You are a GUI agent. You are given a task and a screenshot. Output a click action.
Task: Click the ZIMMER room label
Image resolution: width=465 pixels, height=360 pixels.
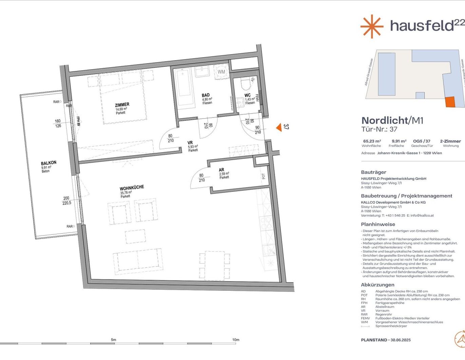coord(122,105)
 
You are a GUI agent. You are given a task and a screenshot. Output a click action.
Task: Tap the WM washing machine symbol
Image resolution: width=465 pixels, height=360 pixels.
coord(221,72)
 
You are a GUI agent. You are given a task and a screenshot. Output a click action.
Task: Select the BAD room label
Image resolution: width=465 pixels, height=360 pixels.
coord(206,95)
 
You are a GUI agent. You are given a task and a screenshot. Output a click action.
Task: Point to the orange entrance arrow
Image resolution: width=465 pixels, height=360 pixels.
coord(279,127)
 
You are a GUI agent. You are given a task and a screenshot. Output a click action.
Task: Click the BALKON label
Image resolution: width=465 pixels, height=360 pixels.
coord(49,163)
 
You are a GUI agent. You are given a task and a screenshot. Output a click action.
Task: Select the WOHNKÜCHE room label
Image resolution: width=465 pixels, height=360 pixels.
coord(132,188)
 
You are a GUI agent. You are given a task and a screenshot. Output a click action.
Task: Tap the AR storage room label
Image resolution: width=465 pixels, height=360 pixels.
coord(222,170)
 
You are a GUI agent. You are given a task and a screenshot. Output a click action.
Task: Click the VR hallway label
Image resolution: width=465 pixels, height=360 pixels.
coord(190,143)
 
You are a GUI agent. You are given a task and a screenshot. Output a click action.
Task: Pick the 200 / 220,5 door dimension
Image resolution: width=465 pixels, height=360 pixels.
coord(67,201)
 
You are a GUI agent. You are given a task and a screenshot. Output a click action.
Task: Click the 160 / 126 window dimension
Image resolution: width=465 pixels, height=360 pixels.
coord(58,123)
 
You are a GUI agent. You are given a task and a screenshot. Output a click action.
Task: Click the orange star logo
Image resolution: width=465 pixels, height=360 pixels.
coord(372,26)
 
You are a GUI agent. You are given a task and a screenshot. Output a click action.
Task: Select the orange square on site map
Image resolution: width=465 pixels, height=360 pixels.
coord(450,102)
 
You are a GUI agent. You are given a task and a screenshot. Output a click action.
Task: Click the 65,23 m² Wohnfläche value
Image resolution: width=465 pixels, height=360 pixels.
coord(372,141)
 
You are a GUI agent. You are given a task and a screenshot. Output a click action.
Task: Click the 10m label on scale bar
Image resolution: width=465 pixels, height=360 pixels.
coord(236,340)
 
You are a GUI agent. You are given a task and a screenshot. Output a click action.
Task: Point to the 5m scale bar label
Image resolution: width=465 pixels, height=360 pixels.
coord(113,340)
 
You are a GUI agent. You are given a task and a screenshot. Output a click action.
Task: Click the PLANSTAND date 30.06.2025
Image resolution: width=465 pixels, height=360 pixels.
coord(401,340)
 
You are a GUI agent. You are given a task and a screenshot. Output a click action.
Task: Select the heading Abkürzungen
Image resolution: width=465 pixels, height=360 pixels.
coord(377,285)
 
